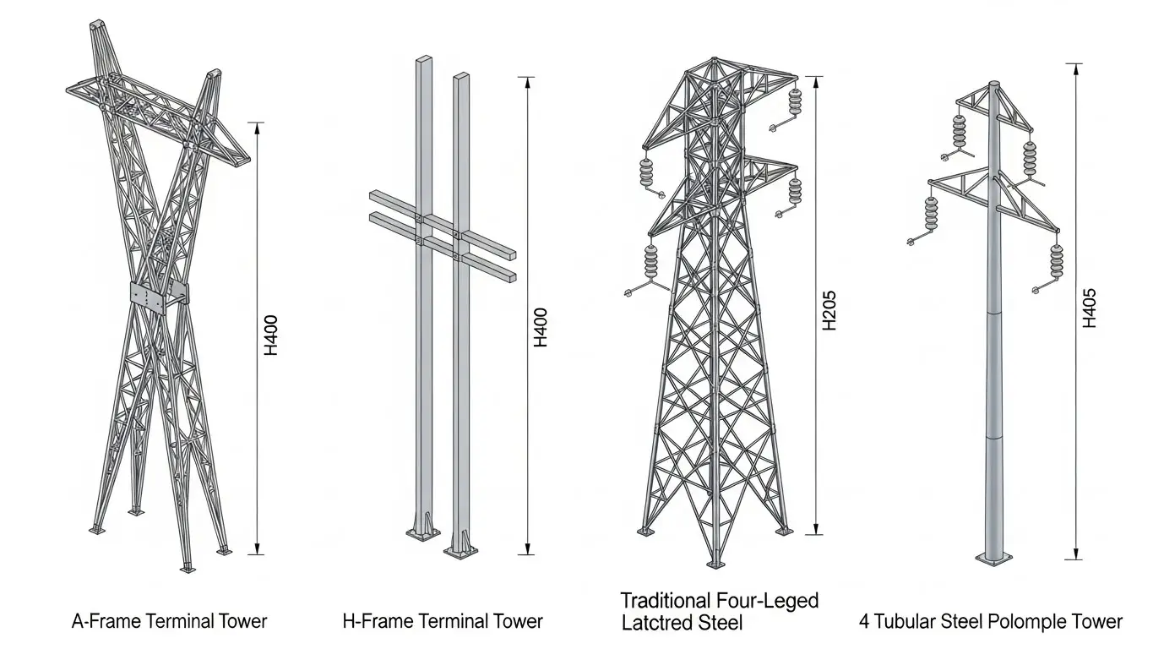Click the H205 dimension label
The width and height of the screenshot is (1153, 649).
(x=829, y=311)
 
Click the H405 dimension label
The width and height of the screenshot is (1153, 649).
(x=1089, y=308)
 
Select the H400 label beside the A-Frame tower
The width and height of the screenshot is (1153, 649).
(x=271, y=335)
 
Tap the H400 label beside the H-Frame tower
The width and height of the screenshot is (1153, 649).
(x=540, y=328)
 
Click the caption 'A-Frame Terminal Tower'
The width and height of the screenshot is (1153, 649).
(x=169, y=621)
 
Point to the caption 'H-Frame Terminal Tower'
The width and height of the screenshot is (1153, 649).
(x=443, y=621)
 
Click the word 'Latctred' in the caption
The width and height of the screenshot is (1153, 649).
(x=655, y=623)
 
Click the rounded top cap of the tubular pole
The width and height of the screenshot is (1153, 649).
(x=994, y=85)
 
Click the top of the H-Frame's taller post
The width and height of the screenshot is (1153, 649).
(x=424, y=59)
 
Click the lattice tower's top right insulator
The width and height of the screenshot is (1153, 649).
(x=795, y=101)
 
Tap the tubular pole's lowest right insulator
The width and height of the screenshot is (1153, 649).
(x=1056, y=262)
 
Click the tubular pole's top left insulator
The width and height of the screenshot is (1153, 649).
(x=960, y=131)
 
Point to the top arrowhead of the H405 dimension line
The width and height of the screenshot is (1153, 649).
(x=1074, y=70)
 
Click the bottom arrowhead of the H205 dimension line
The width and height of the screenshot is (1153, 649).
(x=815, y=528)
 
